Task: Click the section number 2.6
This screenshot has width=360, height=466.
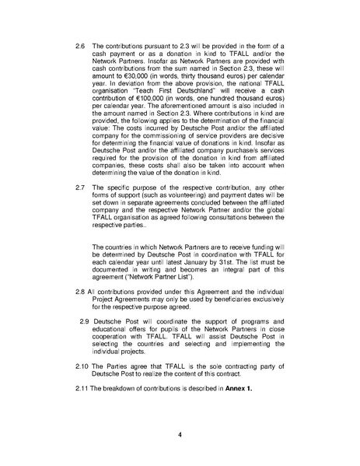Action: [79, 47]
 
